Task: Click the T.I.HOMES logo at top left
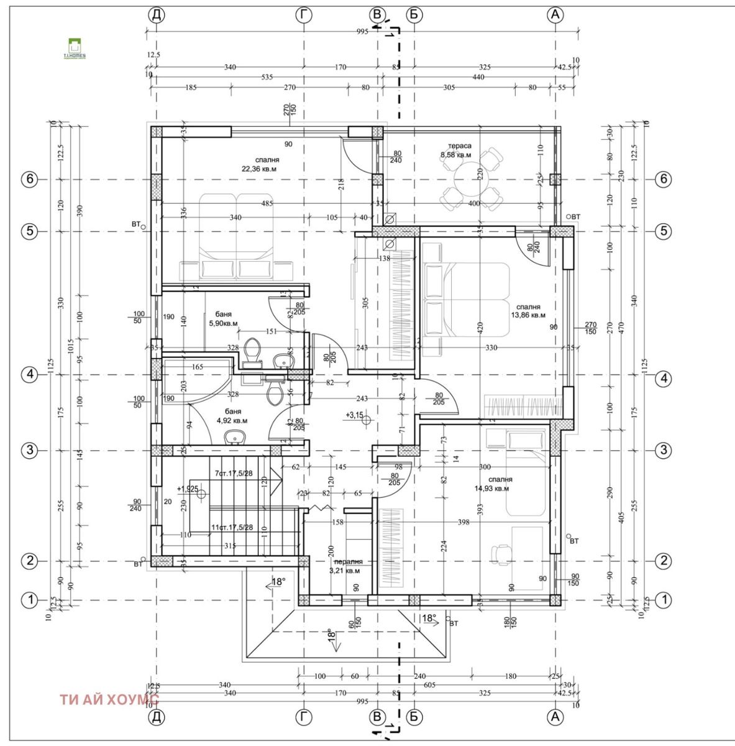coord(75,48)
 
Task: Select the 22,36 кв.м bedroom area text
coord(259,168)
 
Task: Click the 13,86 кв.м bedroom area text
coord(527,315)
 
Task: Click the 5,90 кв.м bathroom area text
coord(224,323)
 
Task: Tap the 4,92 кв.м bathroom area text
coord(232,420)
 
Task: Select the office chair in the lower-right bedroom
coord(500,553)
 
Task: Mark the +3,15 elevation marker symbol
coord(366,420)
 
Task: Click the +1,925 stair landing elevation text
coord(187,489)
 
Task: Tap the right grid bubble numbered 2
coord(664,561)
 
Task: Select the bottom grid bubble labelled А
coord(555,717)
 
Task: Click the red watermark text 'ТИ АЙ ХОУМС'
coord(109,699)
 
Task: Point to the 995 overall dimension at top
coord(362,31)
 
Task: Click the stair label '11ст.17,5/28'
coord(231,527)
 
